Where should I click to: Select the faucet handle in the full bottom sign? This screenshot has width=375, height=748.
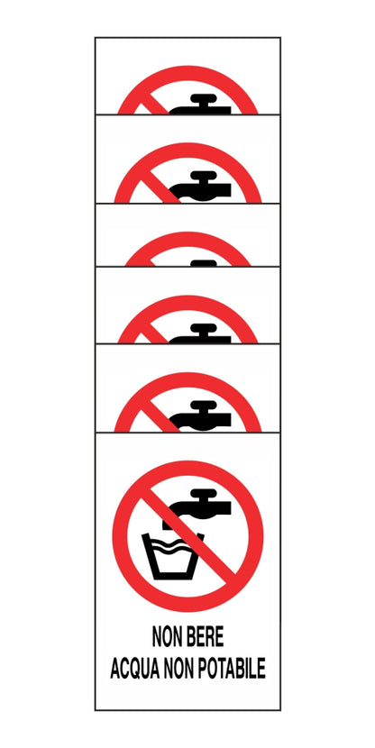(200, 493)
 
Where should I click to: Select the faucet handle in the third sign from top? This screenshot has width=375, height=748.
(203, 262)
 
